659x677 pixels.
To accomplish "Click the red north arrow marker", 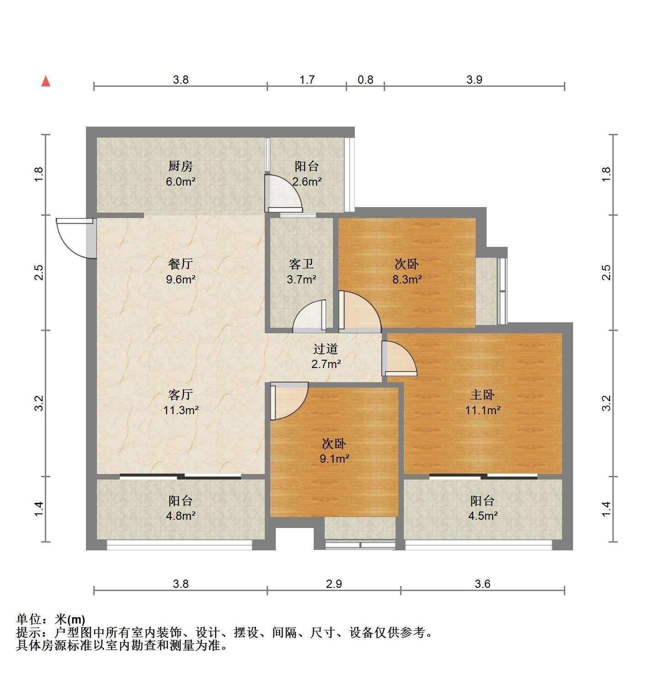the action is [46, 81].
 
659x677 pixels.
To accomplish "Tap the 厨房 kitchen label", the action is [180, 166].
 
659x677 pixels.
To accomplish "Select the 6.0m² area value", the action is [180, 181].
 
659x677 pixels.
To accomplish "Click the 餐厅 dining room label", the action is [180, 264].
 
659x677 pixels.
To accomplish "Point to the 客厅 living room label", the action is [180, 394].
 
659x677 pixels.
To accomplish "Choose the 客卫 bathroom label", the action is [301, 264].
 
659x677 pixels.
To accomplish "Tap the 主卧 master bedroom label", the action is [482, 394].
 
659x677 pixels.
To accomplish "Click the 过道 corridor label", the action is [326, 349].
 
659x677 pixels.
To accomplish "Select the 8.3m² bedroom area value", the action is [407, 279].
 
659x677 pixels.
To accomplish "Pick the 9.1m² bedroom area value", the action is [334, 458].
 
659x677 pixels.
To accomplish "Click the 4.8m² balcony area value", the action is [180, 516].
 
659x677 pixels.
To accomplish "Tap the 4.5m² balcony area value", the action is [482, 516].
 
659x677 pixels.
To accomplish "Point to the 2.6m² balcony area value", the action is [307, 181].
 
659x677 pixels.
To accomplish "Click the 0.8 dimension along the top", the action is [365, 80].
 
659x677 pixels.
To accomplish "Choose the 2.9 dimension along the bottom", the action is [334, 583].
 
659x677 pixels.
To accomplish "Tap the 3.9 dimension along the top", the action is [474, 80].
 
